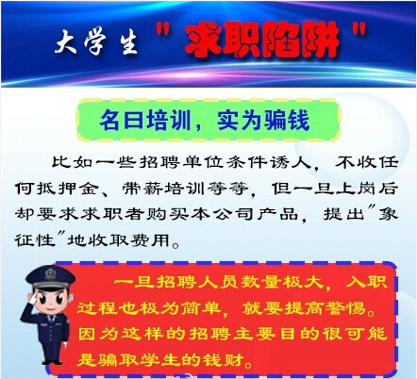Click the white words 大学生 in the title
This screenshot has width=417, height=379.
(x=96, y=42)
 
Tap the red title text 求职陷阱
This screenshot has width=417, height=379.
(x=262, y=41)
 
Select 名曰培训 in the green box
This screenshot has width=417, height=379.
(x=145, y=121)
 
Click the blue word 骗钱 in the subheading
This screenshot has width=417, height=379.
(x=287, y=121)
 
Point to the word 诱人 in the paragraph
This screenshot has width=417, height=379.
(x=292, y=162)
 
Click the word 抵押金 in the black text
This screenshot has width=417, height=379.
(x=67, y=189)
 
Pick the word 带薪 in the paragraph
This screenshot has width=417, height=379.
(x=142, y=189)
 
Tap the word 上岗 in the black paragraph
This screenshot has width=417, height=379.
(x=357, y=189)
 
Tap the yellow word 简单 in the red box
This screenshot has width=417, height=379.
(x=201, y=308)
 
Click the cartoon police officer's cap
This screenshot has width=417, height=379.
(x=50, y=277)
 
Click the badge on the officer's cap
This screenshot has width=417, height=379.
(x=50, y=273)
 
